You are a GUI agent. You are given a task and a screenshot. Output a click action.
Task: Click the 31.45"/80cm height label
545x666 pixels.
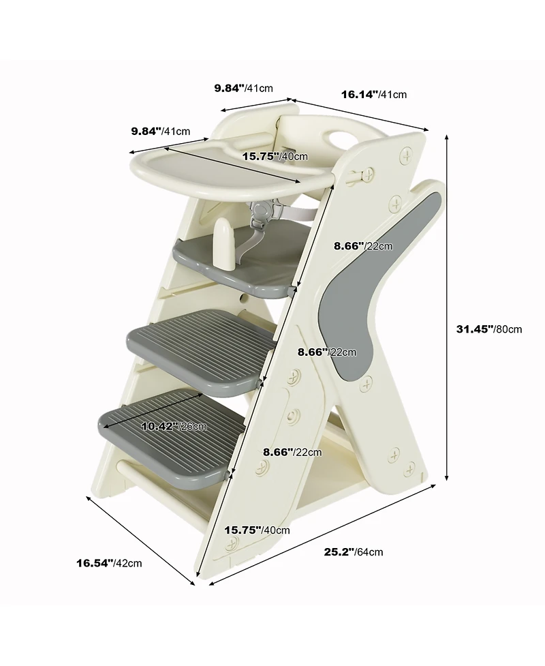point(488,329)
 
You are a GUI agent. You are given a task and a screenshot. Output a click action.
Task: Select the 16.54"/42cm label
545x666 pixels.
point(109,562)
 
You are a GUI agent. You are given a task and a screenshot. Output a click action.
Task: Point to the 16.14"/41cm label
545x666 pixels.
point(373,94)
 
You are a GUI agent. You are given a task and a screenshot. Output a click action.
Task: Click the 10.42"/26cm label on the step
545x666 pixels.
point(173,426)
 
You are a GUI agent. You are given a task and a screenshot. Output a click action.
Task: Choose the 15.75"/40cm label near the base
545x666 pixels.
point(257,530)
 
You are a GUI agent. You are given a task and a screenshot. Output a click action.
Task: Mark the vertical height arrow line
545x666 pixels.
point(447,307)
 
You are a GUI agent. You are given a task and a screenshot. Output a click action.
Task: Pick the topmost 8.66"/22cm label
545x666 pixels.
point(362,245)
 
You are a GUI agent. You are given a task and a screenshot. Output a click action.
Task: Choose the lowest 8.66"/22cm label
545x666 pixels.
point(292,451)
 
